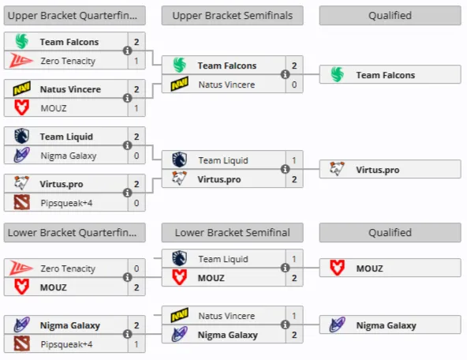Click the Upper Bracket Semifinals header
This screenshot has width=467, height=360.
click(x=232, y=16)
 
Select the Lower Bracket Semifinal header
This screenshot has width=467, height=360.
click(x=232, y=232)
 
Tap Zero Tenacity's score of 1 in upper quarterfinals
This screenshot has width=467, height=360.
click(x=136, y=61)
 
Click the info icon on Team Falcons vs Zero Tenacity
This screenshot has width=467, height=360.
click(x=128, y=51)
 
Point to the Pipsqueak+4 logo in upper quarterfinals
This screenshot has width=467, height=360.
click(x=22, y=202)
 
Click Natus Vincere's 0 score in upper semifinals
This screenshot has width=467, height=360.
click(x=294, y=84)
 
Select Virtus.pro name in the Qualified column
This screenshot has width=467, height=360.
click(x=378, y=170)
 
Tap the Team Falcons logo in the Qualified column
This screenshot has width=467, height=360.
click(x=338, y=74)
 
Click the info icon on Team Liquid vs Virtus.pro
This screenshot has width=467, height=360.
click(x=286, y=169)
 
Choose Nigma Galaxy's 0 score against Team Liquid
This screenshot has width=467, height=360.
click(x=136, y=156)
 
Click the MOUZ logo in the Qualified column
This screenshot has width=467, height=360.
click(x=337, y=268)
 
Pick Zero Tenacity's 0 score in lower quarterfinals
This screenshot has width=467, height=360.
click(x=136, y=268)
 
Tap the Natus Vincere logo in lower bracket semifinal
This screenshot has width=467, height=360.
click(x=180, y=315)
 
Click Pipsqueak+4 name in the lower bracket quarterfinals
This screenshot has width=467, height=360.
click(x=66, y=344)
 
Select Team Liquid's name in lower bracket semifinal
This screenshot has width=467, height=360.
click(x=223, y=259)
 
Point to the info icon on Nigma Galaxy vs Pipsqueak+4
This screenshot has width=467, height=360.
click(x=128, y=334)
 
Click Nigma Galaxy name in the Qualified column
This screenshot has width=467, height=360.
click(x=387, y=325)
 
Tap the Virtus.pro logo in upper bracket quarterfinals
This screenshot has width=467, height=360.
click(x=21, y=183)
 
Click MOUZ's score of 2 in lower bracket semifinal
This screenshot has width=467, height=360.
click(x=294, y=278)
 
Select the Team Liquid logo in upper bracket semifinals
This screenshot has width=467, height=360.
click(x=179, y=159)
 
